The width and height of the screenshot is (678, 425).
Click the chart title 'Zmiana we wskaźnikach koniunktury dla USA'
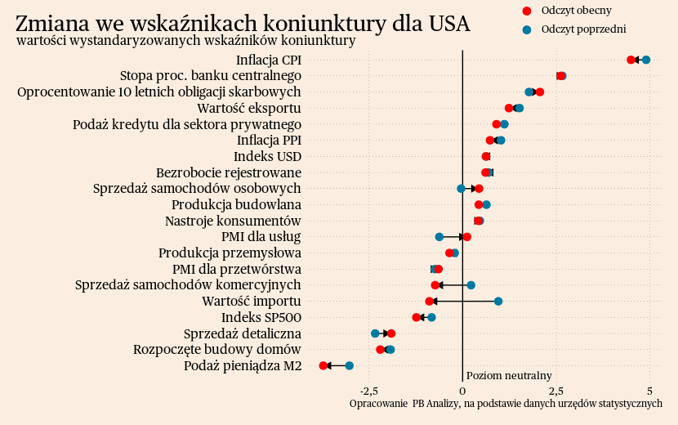243,24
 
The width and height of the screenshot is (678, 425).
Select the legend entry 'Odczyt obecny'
576,11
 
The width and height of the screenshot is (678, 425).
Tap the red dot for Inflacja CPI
631,60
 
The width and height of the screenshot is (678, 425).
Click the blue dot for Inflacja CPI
646,60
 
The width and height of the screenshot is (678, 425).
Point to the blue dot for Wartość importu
498,301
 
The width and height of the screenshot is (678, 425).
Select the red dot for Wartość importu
430,302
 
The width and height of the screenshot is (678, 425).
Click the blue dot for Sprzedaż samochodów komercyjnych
471,285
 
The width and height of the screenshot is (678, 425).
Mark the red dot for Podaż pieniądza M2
323,365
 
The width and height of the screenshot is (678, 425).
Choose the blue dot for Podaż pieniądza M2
350,365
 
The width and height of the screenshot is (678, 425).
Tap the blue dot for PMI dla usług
439,237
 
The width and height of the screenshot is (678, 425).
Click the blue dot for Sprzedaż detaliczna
375,333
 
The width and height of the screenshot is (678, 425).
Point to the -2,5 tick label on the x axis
369,390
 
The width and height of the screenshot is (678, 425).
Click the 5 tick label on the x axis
649,390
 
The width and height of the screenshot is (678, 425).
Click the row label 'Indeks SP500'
261,317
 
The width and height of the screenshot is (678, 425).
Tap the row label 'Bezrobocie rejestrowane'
229,172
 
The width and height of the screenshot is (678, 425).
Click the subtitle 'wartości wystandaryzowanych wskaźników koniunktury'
185,40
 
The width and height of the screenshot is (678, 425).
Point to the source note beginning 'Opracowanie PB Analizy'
506,404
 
